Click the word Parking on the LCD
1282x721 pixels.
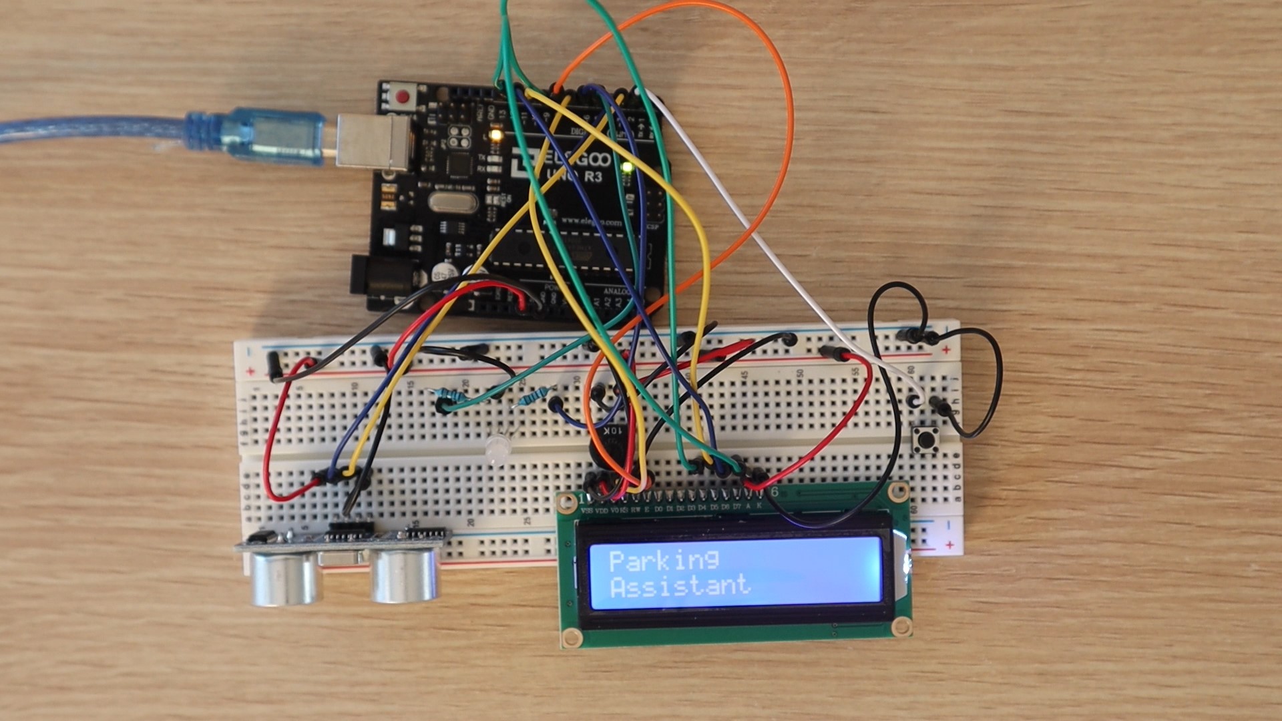coord(664,561)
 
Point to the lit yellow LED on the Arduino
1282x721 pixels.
coord(495,136)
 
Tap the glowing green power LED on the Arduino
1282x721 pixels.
coord(627,167)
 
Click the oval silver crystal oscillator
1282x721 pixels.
coord(453,202)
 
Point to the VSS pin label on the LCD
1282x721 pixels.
coord(587,511)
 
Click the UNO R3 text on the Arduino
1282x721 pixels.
coord(574,177)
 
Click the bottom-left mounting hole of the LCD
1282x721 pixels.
coord(572,637)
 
